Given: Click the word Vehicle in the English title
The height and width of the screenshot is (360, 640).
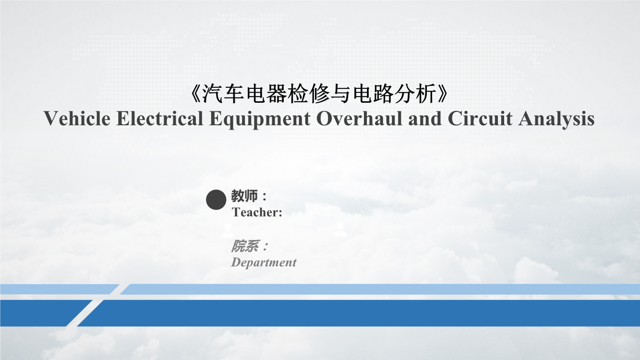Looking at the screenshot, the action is point(77,118).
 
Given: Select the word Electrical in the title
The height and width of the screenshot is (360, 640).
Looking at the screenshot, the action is point(160,118).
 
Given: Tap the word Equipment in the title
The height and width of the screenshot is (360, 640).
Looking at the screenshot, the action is point(260,120).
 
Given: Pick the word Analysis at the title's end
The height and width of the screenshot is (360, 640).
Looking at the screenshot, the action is point(556,120).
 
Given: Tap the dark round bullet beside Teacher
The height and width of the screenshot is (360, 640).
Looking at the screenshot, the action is point(216,200).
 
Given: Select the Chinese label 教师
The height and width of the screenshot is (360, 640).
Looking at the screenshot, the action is point(244,196).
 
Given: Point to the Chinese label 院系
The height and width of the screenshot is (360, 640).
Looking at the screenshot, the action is point(245,246).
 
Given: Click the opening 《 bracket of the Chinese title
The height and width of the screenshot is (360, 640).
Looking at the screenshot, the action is point(195,94).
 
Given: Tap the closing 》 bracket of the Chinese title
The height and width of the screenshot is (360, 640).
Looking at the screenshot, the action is point(443,94).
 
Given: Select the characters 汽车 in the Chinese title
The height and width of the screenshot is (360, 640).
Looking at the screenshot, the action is point(223,94).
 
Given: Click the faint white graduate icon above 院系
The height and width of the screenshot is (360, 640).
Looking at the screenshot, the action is point(228,231).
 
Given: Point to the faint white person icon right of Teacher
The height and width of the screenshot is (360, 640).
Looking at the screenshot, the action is point(340,230).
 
